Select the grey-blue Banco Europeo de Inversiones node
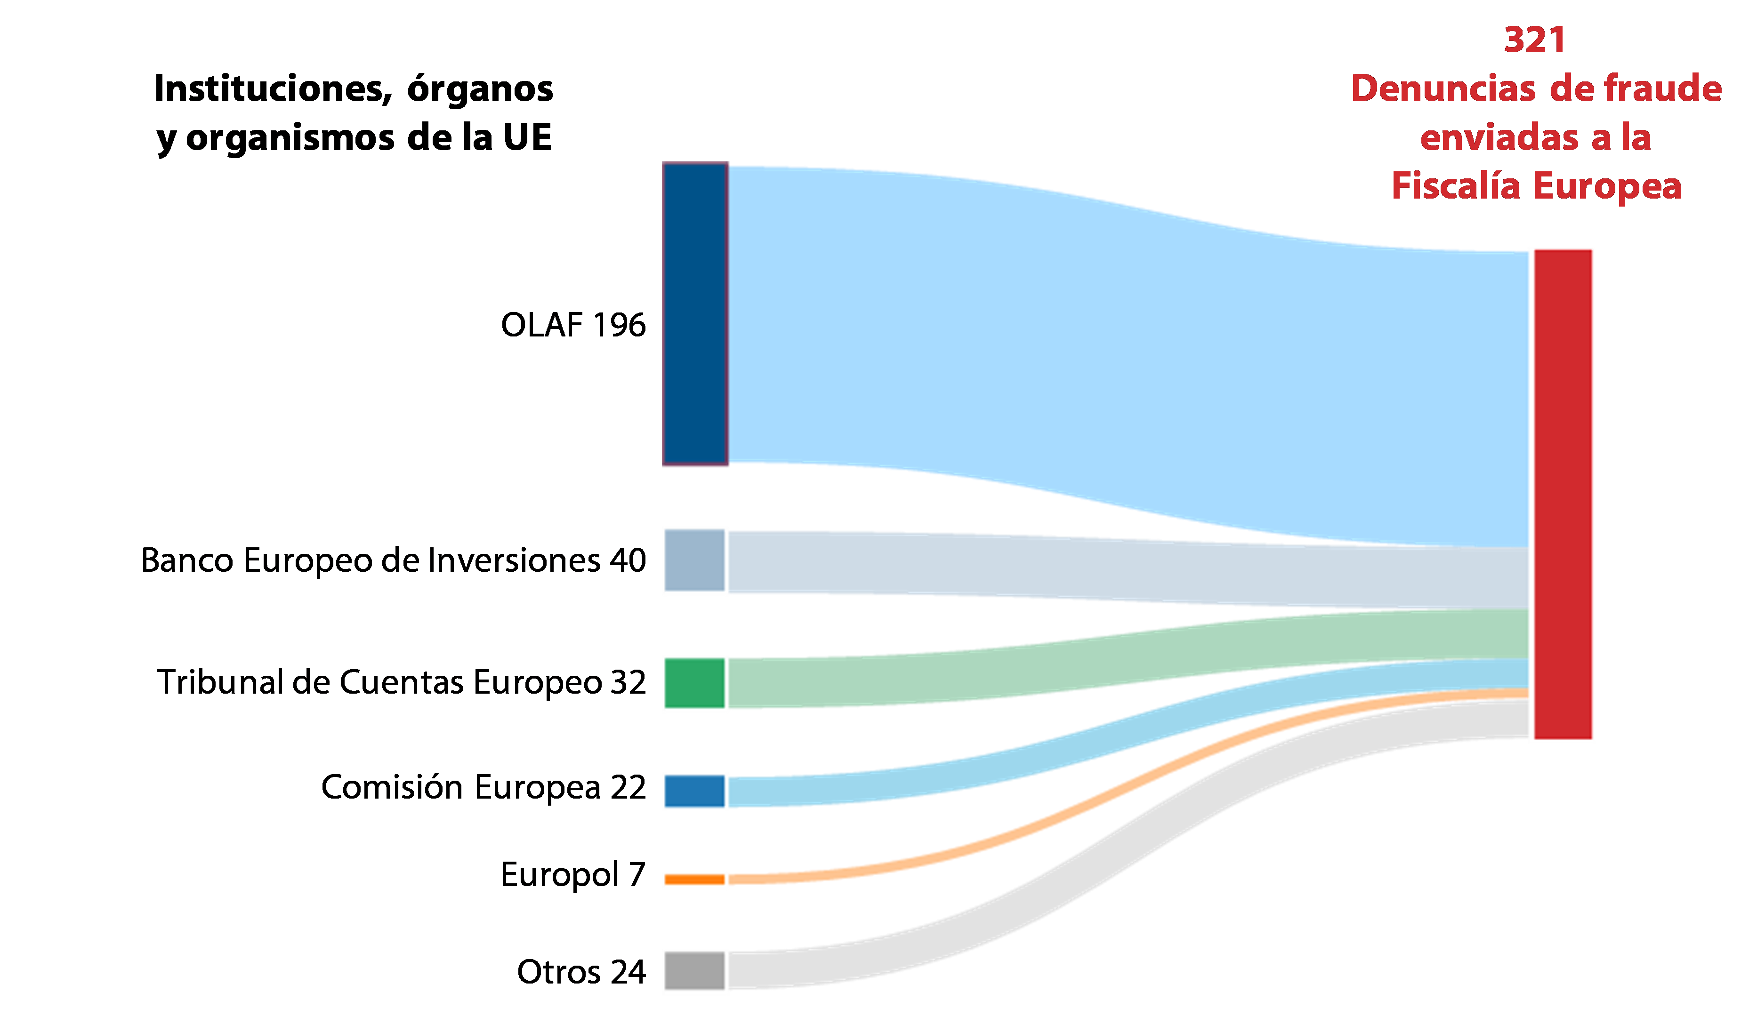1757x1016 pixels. coord(694,561)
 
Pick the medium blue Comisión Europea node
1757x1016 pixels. coord(694,791)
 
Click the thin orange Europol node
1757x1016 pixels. coord(694,880)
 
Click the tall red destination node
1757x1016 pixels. coord(1562,495)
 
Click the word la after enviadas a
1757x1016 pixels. coord(1636,138)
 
